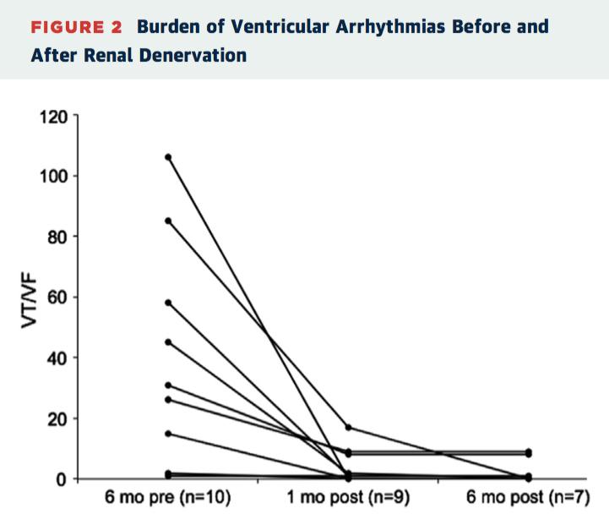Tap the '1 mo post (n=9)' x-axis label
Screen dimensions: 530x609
pyautogui.click(x=348, y=498)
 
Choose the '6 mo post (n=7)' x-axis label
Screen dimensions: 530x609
pyautogui.click(x=529, y=498)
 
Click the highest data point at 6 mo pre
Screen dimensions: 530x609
pyautogui.click(x=168, y=157)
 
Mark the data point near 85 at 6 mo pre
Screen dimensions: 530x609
pyautogui.click(x=168, y=221)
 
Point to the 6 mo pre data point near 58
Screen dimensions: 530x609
pyautogui.click(x=168, y=303)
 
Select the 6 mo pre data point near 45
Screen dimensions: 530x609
pyautogui.click(x=168, y=342)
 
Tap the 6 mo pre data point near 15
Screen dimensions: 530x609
pyautogui.click(x=168, y=434)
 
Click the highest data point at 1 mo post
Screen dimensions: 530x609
pyautogui.click(x=348, y=427)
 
